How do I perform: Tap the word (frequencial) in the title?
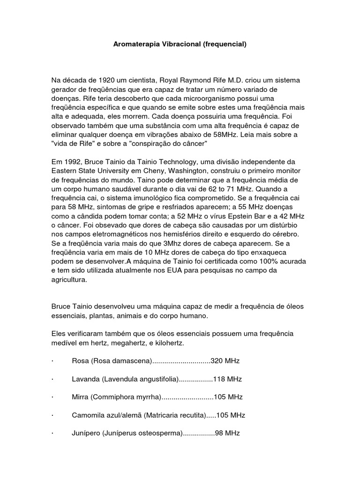click(x=225, y=45)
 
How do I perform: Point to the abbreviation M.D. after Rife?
click(x=249, y=80)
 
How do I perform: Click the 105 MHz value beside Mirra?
click(x=228, y=397)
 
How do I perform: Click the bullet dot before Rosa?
click(x=52, y=361)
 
